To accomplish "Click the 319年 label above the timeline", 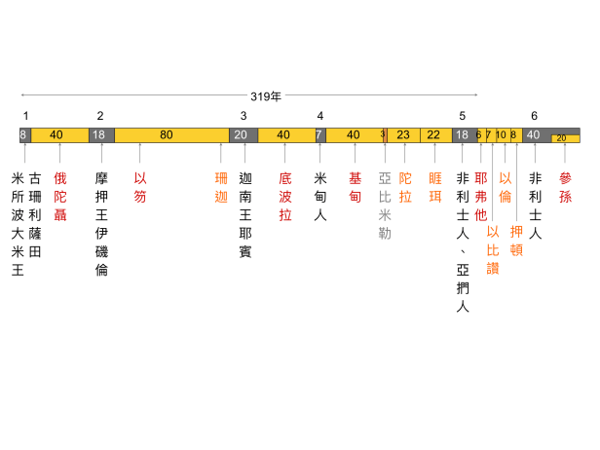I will pyautogui.click(x=266, y=96).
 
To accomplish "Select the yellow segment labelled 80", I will pyautogui.click(x=167, y=134).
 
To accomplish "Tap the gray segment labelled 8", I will pyautogui.click(x=23, y=134).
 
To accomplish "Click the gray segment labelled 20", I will pyautogui.click(x=241, y=134).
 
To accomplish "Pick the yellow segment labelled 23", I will pyautogui.click(x=403, y=134).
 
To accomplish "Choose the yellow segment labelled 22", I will pyautogui.click(x=433, y=134).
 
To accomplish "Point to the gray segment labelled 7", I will pyautogui.click(x=319, y=134).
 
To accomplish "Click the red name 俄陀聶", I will pyautogui.click(x=60, y=193).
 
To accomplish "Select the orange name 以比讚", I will pyautogui.click(x=492, y=248).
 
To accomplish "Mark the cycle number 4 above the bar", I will pyautogui.click(x=319, y=116).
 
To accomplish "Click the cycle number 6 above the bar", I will pyautogui.click(x=534, y=116).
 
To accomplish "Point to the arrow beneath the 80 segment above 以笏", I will pyautogui.click(x=140, y=152).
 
